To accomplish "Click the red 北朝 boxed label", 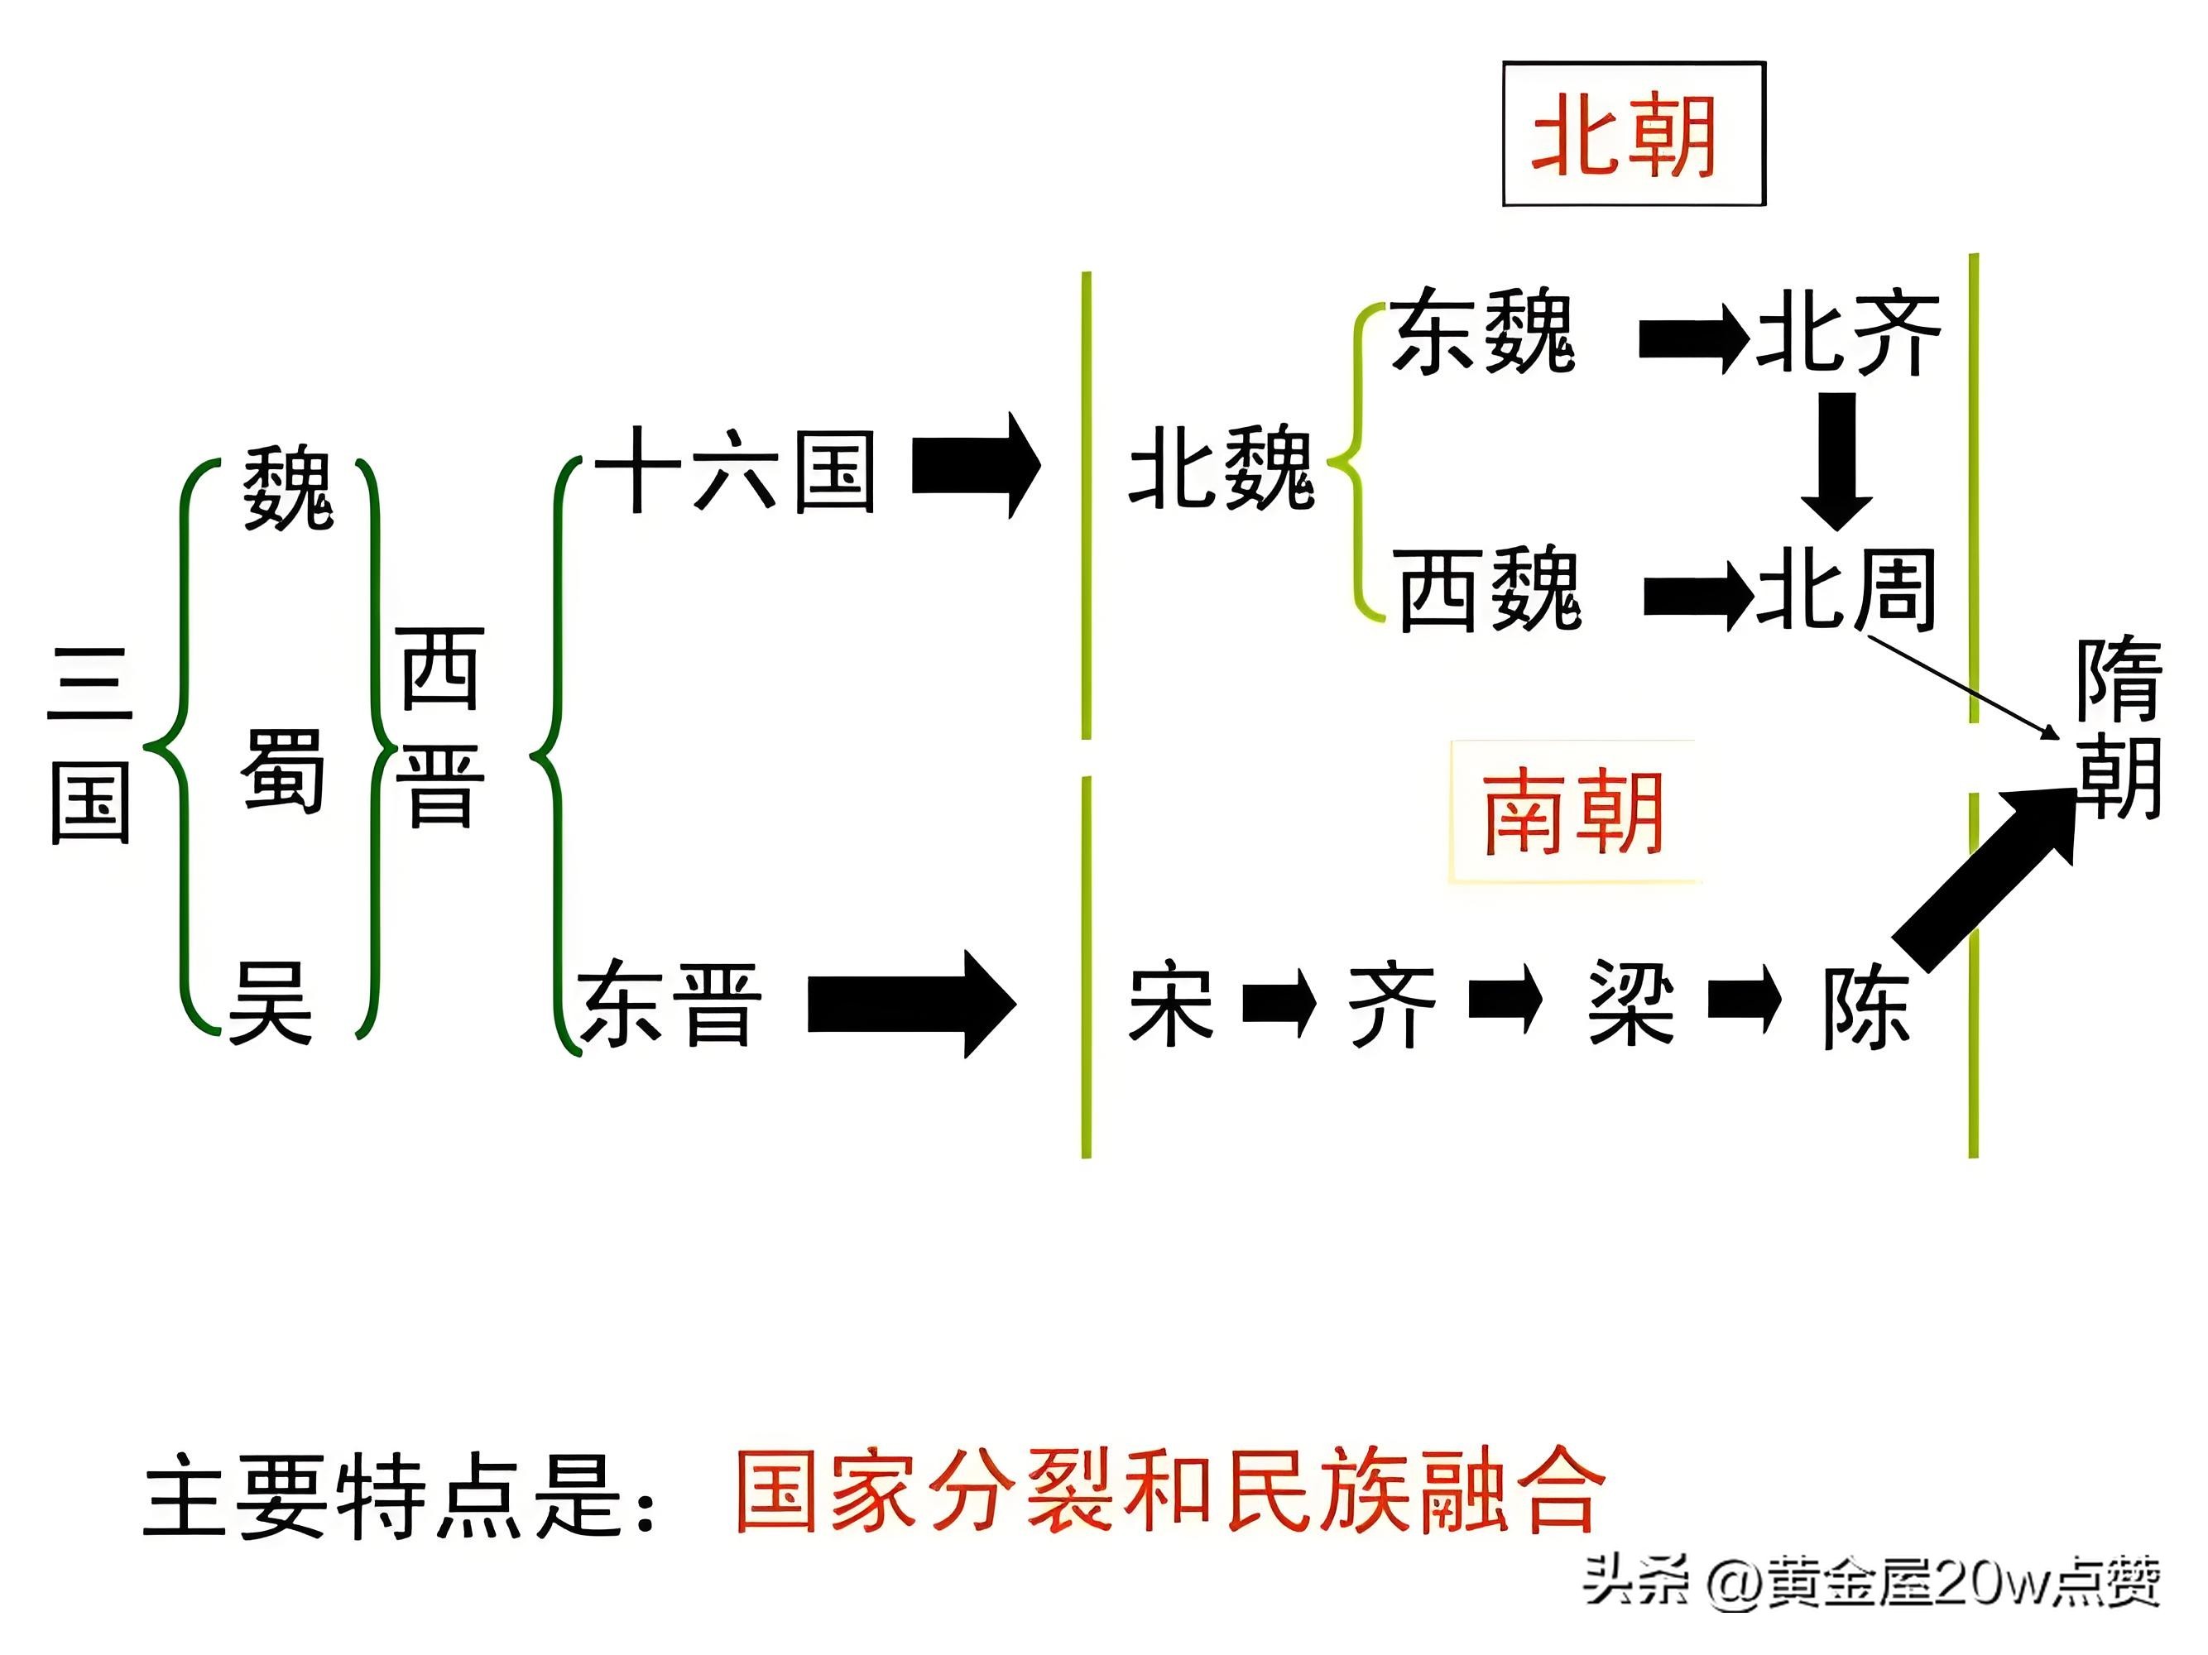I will [1633, 135].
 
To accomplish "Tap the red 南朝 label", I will [1573, 813].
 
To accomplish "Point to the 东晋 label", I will [670, 1003].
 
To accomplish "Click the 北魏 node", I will [1221, 468].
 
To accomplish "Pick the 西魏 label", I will [1488, 589].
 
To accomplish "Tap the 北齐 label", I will [1849, 333].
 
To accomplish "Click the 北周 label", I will [1846, 589].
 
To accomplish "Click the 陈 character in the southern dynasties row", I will [1865, 1006].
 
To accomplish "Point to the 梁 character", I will [1631, 1003].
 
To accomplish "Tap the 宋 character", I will [1171, 1003].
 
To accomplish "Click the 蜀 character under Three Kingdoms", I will [282, 770].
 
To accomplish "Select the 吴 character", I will [271, 1003].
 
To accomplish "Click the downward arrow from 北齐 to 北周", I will [1836, 459].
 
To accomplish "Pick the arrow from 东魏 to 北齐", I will [1693, 339].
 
